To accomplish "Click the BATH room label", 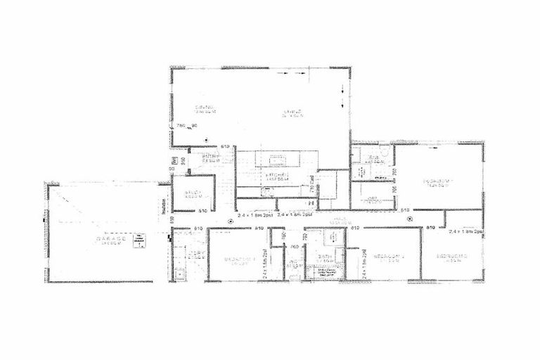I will click(324, 258).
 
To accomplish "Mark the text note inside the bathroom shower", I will click(328, 272).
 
